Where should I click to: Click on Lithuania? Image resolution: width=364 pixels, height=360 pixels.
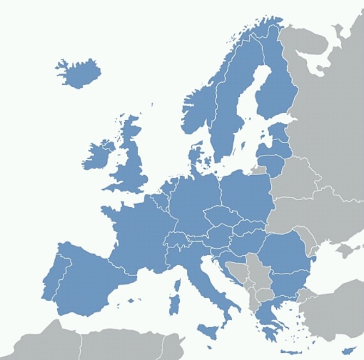[x=272, y=162]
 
